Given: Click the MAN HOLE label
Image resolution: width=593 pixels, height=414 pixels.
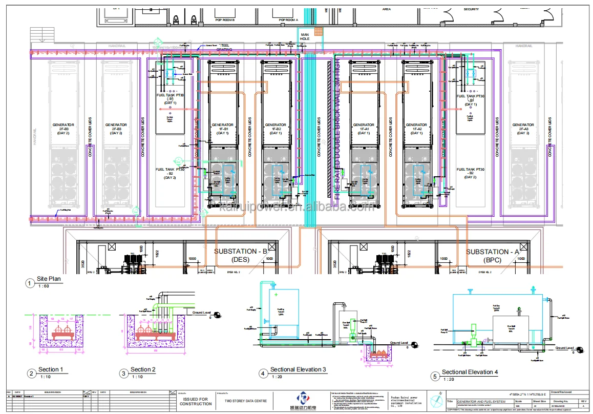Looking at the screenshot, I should [306, 37].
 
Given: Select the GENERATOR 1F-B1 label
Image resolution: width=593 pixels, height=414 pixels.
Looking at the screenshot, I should [222, 129].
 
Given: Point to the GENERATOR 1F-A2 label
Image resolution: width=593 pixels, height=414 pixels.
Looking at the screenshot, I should [416, 129].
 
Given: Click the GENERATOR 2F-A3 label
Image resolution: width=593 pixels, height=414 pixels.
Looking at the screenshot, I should [523, 129].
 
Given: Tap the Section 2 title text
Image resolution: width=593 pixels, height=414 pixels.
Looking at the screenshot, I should [143, 369].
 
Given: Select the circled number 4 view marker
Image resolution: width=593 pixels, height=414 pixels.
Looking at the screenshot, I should [263, 374].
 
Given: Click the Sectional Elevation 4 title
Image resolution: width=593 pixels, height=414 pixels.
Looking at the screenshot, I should [470, 372].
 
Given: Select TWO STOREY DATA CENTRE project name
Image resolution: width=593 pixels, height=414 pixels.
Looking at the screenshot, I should [241, 401].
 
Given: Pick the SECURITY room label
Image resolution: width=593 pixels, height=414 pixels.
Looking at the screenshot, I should [471, 9].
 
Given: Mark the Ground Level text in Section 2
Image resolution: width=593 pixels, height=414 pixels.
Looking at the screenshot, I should [201, 312].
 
